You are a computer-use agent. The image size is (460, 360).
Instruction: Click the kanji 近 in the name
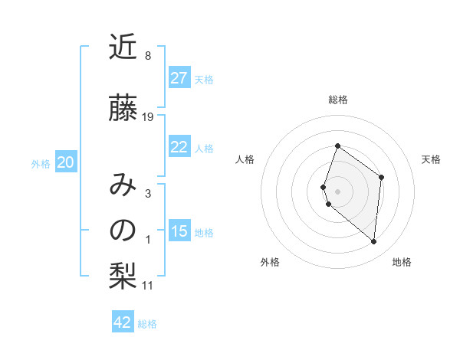[123, 48]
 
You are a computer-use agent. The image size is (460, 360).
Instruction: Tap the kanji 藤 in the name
[123, 109]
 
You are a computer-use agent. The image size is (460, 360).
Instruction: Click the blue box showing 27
[179, 78]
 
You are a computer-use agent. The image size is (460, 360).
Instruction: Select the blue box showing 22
[179, 147]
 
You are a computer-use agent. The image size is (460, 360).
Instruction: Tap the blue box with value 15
[179, 231]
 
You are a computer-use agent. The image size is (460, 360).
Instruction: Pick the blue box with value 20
[66, 162]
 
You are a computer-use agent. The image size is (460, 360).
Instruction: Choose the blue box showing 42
[123, 322]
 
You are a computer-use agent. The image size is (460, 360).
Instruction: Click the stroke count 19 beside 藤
[148, 116]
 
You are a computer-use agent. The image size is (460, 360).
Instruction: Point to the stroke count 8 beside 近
[147, 56]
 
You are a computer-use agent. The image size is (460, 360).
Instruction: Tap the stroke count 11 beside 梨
[148, 286]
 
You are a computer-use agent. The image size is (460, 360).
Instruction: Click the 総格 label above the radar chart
[338, 100]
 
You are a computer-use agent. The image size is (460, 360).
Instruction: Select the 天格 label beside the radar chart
[432, 159]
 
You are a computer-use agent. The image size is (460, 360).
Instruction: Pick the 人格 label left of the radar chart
[245, 159]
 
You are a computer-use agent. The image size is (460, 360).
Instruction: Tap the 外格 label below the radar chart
[270, 262]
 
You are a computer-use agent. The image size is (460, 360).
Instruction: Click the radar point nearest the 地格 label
[373, 241]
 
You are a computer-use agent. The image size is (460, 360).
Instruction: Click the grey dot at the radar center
[338, 191]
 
